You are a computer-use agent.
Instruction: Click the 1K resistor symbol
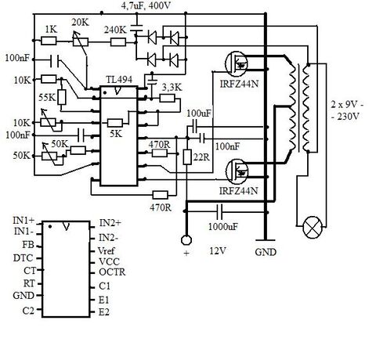(49, 41)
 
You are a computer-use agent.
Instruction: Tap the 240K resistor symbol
(118, 42)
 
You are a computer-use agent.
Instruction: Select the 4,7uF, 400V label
(146, 5)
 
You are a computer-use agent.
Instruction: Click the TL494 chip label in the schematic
(119, 79)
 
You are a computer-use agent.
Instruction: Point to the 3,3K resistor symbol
(167, 99)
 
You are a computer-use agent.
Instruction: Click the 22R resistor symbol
(187, 157)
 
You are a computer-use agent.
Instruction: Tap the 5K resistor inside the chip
(115, 123)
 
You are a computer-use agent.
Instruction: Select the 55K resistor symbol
(62, 97)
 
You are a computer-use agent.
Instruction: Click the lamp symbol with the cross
(313, 227)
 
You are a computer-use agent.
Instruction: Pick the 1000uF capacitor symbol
(219, 211)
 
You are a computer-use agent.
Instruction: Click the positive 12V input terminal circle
(186, 239)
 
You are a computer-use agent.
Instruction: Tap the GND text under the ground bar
(266, 252)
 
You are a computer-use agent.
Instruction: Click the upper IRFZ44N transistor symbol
(237, 63)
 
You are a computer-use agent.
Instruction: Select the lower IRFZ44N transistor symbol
(237, 171)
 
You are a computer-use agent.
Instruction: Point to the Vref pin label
(106, 250)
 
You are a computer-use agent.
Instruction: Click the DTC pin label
(23, 258)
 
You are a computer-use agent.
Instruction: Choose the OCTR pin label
(112, 272)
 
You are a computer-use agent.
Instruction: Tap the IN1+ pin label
(23, 221)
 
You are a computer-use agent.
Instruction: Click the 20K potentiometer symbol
(81, 41)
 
